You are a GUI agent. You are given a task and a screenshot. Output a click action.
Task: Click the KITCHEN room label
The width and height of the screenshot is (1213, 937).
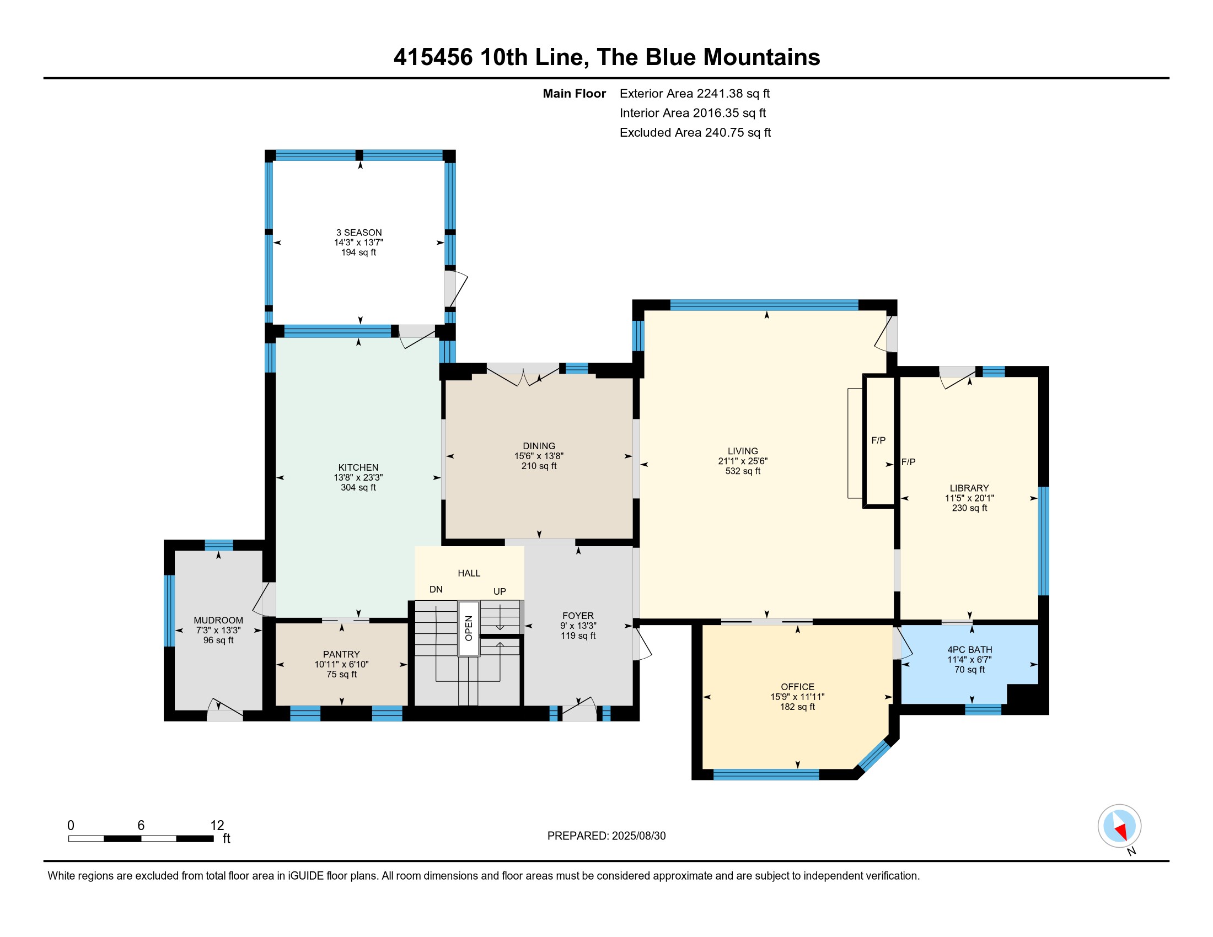358,467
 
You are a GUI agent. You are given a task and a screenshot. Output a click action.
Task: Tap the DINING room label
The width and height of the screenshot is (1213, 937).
539,446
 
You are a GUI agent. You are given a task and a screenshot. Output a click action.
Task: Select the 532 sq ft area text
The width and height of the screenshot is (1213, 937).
743,471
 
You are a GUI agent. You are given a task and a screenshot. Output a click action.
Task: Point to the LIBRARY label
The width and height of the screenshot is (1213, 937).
969,488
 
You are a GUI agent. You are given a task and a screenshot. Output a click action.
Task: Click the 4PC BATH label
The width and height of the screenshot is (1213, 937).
970,649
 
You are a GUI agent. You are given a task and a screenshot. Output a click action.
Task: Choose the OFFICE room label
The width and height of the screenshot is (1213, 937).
798,687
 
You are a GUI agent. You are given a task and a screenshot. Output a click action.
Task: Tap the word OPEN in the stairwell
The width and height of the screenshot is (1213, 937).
469,628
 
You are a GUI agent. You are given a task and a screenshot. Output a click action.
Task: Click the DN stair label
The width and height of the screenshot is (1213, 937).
436,589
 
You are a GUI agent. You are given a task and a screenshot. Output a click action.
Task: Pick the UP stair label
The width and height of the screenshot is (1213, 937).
500,591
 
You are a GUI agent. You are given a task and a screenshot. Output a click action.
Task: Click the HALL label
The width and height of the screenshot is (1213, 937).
469,573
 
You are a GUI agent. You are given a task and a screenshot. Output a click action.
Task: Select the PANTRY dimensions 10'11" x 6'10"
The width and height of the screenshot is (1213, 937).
342,664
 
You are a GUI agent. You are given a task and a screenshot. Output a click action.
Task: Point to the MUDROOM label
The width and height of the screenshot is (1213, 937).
218,620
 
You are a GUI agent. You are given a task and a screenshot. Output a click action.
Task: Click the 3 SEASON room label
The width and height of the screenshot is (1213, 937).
359,233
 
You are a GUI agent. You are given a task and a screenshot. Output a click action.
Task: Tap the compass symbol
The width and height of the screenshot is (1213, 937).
1120,826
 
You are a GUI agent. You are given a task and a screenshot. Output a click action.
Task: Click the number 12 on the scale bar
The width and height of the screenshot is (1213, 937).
217,825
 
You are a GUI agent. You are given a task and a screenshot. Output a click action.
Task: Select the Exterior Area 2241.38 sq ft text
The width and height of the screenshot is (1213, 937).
695,93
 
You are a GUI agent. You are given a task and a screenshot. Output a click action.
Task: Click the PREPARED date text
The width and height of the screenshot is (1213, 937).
606,836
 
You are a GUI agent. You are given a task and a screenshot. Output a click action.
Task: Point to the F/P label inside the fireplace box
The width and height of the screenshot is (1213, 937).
879,440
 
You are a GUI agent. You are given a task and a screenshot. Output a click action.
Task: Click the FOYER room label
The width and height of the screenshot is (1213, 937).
578,616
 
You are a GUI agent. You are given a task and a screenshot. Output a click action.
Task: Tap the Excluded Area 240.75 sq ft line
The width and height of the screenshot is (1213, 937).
695,132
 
